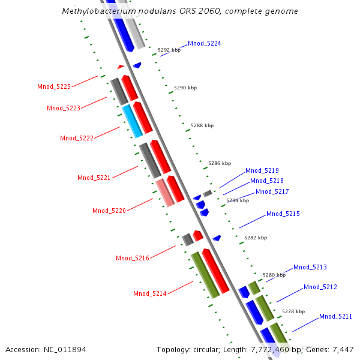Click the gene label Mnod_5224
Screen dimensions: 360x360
(x=204, y=44)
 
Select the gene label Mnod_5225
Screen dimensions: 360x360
(x=54, y=87)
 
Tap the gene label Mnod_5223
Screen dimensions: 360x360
(x=64, y=109)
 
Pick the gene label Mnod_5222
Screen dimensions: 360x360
(x=77, y=139)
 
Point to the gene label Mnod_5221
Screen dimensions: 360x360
(x=94, y=178)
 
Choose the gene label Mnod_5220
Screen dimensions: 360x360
(x=109, y=211)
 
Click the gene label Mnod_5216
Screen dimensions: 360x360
(x=133, y=259)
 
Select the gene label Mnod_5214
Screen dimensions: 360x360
(x=150, y=294)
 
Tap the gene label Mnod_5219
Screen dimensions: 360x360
(x=262, y=171)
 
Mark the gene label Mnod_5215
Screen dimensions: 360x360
(x=283, y=214)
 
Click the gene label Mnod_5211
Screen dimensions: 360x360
(x=335, y=317)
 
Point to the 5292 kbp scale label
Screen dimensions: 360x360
(x=169, y=50)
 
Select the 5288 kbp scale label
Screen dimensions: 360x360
(x=202, y=126)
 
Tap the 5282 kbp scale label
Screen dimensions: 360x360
(x=255, y=238)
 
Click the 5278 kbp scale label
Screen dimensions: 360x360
(x=293, y=312)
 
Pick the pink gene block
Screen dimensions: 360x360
(x=165, y=193)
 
